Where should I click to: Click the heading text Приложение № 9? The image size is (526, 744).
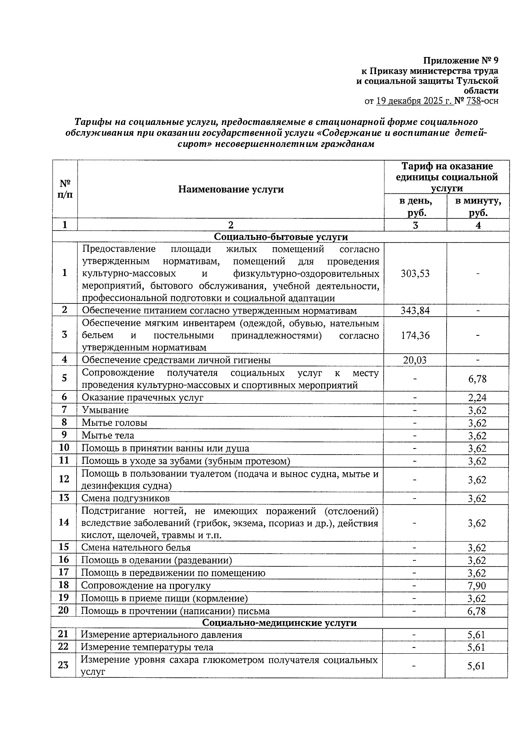pyautogui.click(x=460, y=60)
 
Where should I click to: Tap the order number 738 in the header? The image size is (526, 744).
pyautogui.click(x=474, y=101)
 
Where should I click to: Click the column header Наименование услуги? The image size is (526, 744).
pyautogui.click(x=231, y=189)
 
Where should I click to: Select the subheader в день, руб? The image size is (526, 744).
pyautogui.click(x=415, y=207)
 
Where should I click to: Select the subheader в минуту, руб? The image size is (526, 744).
pyautogui.click(x=478, y=207)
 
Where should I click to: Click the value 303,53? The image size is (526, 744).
pyautogui.click(x=415, y=274)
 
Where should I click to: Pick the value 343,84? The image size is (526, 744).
pyautogui.click(x=415, y=311)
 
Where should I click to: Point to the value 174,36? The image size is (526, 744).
pyautogui.click(x=415, y=336)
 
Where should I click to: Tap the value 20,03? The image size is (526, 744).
pyautogui.click(x=415, y=360)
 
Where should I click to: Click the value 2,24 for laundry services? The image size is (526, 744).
pyautogui.click(x=477, y=398)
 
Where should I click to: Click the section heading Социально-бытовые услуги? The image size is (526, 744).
pyautogui.click(x=281, y=237)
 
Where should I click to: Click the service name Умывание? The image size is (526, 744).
pyautogui.click(x=105, y=410)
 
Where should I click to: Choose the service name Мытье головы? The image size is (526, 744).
pyautogui.click(x=114, y=423)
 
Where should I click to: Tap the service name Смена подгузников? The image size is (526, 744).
pyautogui.click(x=125, y=498)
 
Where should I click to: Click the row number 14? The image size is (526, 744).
pyautogui.click(x=64, y=523)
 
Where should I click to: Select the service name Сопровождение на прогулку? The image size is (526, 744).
pyautogui.click(x=146, y=586)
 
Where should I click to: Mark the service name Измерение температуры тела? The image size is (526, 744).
pyautogui.click(x=147, y=648)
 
